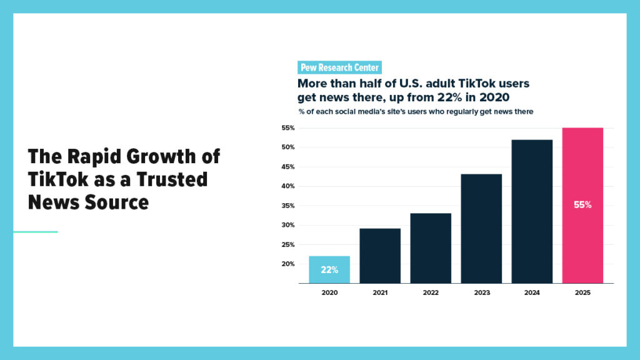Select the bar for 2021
[380, 256]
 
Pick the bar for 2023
[481, 228]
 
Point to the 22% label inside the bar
[329, 270]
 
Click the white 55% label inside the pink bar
[582, 204]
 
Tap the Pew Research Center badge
[339, 67]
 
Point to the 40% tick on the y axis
[287, 186]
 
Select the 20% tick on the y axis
[287, 264]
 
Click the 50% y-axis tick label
[287, 147]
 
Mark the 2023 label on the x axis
[481, 293]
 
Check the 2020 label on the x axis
[329, 293]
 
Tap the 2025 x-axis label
[582, 293]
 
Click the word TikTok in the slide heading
[54, 179]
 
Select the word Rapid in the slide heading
[96, 156]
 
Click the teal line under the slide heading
[36, 232]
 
